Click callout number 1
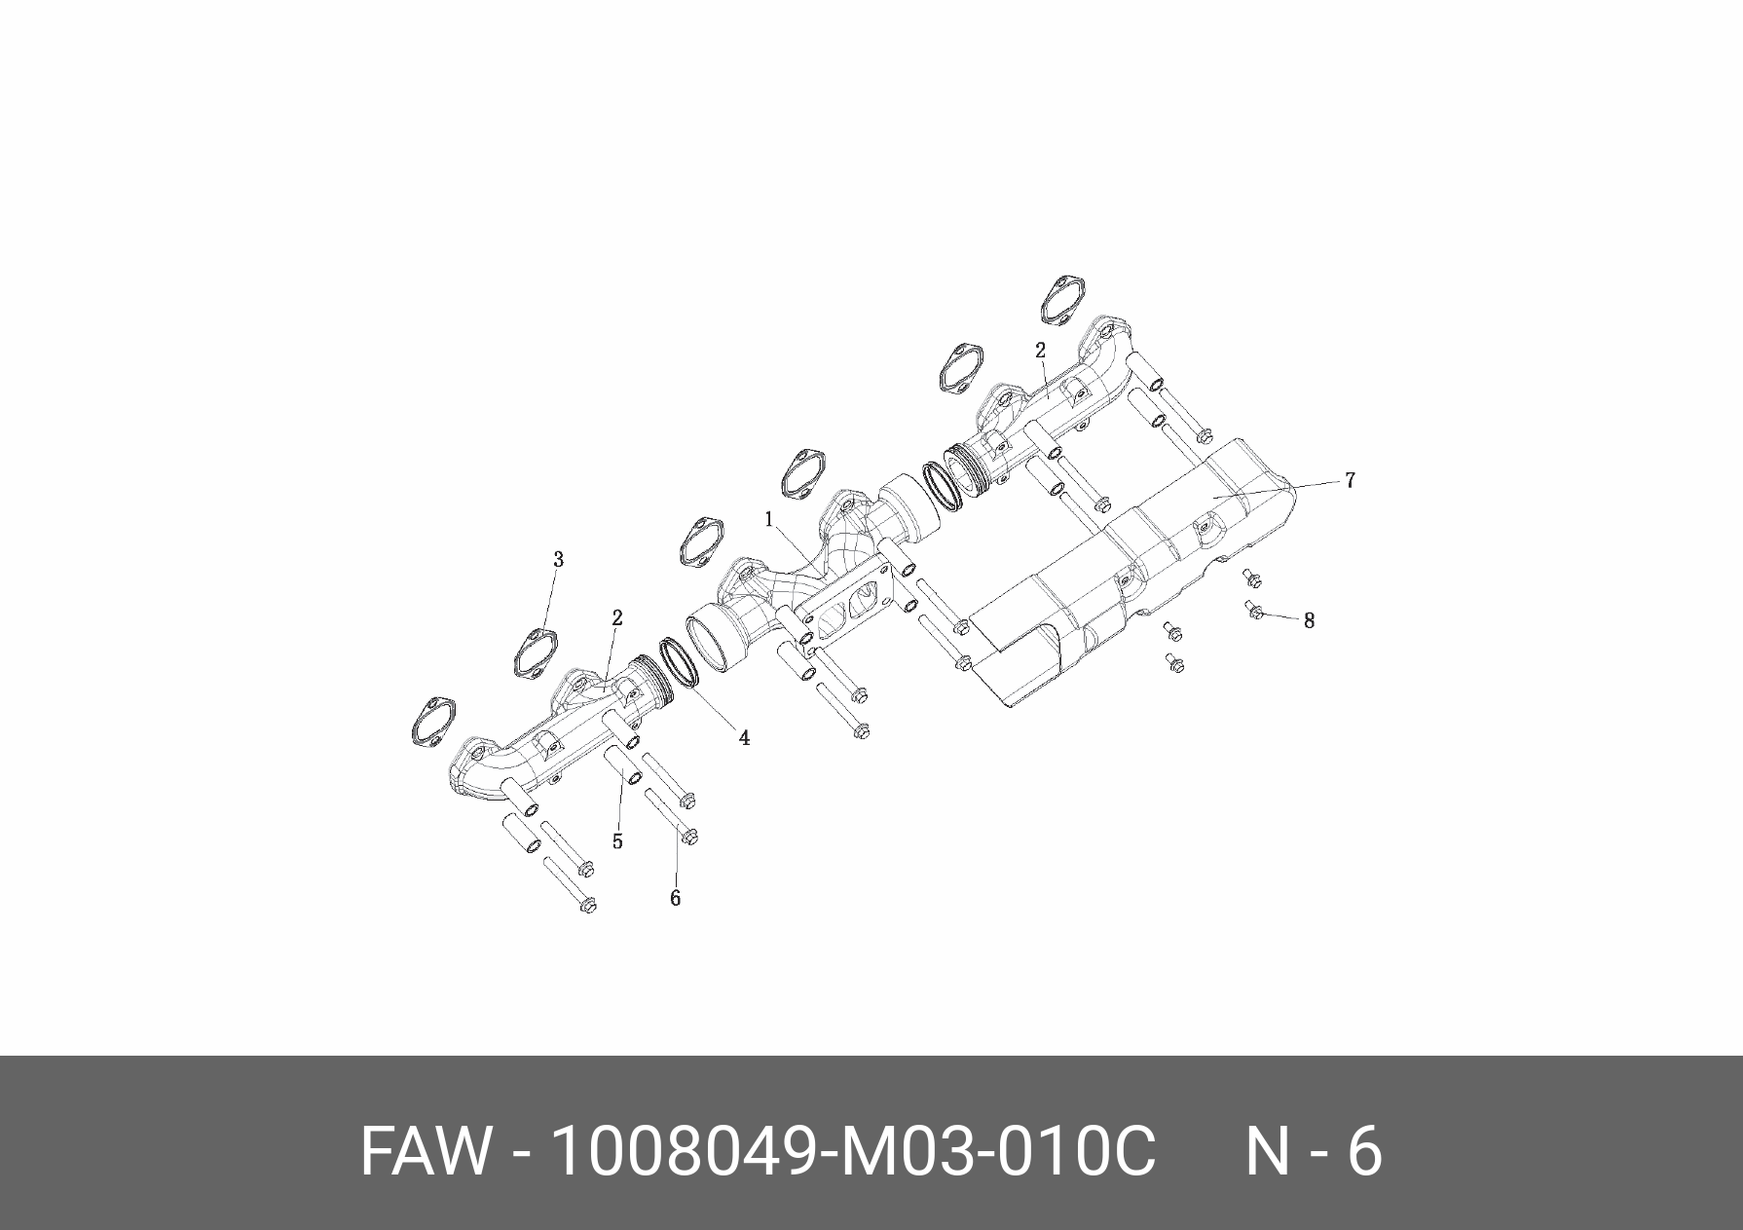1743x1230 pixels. (x=768, y=519)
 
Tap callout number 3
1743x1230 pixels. (x=558, y=560)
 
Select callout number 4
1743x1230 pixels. (x=744, y=738)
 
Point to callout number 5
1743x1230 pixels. (x=617, y=841)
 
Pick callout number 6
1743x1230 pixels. (x=675, y=898)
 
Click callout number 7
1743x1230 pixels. (x=1350, y=480)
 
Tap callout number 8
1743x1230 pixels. (x=1309, y=620)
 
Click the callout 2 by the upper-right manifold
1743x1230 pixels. (x=1040, y=351)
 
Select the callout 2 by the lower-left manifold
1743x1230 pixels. (x=616, y=617)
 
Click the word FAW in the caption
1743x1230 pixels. (x=426, y=1153)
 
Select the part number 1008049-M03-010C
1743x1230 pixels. (x=853, y=1153)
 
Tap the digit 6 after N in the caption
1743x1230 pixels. (x=1364, y=1153)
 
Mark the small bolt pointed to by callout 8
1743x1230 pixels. (x=1255, y=611)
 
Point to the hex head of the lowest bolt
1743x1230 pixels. (x=586, y=906)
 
